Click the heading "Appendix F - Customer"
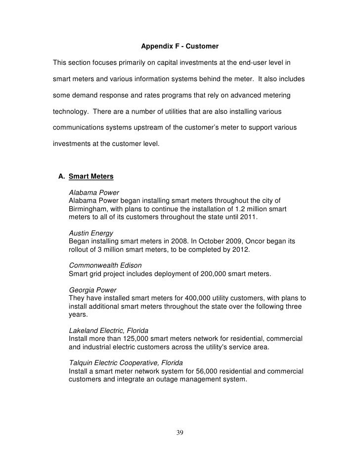click(180, 47)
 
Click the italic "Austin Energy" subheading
click(91, 233)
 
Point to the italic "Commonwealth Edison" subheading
click(102, 265)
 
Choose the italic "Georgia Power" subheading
click(91, 289)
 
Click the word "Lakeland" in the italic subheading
click(83, 330)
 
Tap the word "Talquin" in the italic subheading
click(81, 362)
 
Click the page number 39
click(180, 433)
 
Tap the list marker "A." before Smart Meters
click(62, 176)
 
